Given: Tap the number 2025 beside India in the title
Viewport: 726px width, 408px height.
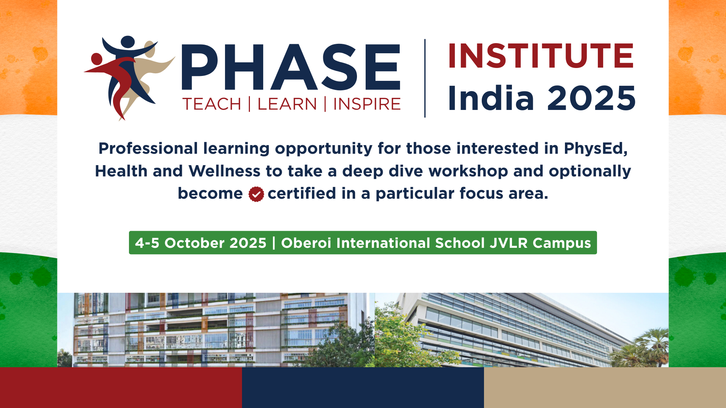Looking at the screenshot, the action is (592, 98).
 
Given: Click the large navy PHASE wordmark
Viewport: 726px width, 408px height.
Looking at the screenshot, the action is (291, 67).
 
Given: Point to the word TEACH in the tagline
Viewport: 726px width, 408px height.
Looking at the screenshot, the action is (212, 104).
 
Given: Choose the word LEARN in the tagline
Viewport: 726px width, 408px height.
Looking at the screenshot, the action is (287, 104).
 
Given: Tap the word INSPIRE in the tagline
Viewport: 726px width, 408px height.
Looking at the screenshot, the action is (367, 104).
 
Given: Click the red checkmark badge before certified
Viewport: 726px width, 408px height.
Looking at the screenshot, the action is (256, 194).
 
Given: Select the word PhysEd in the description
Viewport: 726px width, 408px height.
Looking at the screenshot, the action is (596, 149).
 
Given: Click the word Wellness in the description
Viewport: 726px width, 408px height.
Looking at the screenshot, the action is (224, 171).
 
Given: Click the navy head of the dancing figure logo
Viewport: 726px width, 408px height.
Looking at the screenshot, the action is (128, 42).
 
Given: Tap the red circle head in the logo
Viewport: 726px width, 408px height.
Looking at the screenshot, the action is (97, 59).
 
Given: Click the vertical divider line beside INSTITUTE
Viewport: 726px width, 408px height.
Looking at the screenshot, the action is (425, 78).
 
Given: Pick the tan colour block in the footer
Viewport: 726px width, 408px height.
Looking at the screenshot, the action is (605, 388).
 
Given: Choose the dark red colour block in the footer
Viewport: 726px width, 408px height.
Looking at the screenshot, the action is (121, 388).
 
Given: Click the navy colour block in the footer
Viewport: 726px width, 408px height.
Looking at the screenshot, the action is (363, 388).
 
